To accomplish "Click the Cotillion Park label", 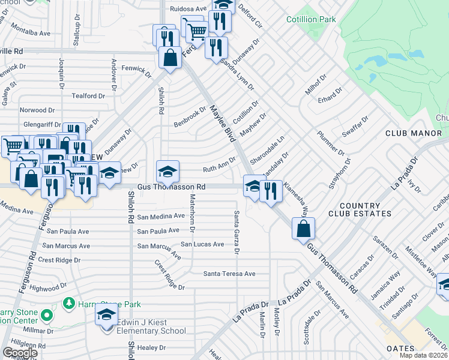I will (x=311, y=20).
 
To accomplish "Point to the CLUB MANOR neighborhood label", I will (x=413, y=133).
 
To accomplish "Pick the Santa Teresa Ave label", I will (x=229, y=274).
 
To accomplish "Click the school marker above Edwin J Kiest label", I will (x=106, y=314).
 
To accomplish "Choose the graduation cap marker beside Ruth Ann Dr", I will (x=168, y=172).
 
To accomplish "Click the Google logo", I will (x=19, y=353).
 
